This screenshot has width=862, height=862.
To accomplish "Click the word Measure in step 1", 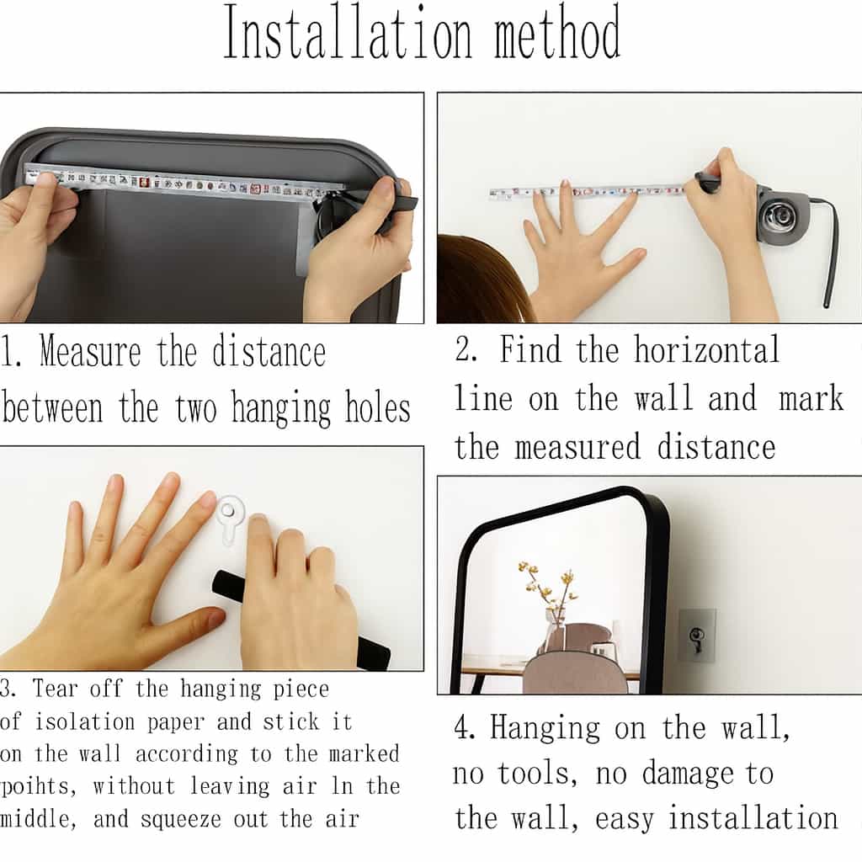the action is coord(91,351).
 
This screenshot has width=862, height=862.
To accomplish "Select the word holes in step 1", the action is coord(378,407).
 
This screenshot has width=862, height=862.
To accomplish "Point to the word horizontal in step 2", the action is coord(706,349).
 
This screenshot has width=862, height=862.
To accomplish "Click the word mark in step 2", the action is coord(811,397).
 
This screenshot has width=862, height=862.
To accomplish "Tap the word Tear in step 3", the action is coord(55,689).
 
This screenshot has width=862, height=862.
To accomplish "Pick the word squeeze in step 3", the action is coord(181,820).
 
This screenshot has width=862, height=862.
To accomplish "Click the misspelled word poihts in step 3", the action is coord(37,787).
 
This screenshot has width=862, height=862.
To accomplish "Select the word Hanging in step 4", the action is coord(545,729).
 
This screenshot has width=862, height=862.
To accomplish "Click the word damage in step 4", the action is coord(688,774).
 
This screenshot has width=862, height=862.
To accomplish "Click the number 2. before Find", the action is coord(466,349).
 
